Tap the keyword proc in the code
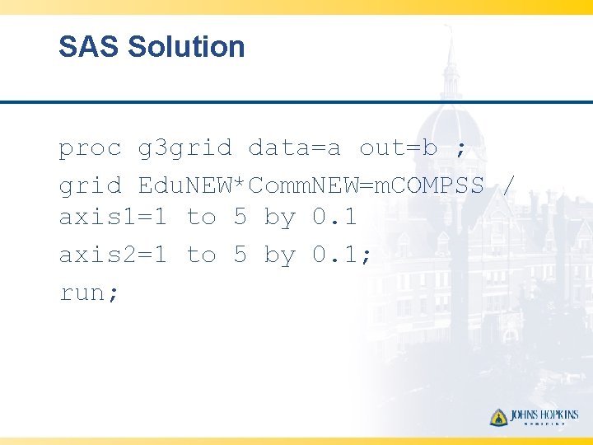90,148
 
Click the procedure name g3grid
185,149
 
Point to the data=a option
294,148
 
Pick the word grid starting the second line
90,186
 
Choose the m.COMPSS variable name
428,186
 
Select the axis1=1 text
113,218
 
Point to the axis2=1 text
113,255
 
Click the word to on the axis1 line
201,218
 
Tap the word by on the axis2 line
279,256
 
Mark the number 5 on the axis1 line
240,218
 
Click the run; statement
90,293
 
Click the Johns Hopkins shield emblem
498,417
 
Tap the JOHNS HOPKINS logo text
544,416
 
